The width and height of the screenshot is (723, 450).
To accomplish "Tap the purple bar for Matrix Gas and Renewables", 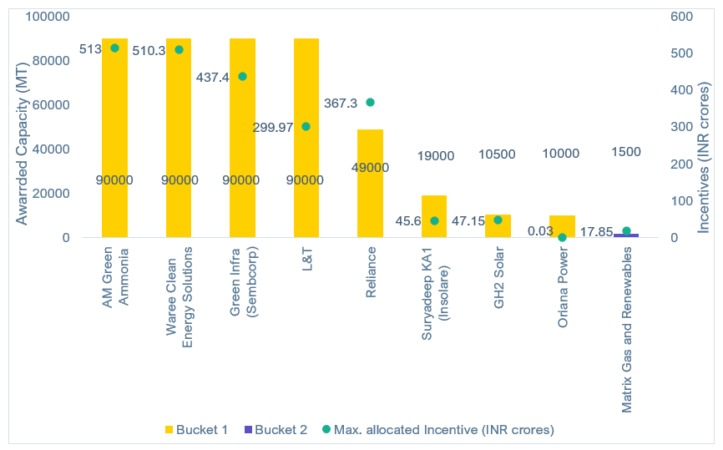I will point(626,235).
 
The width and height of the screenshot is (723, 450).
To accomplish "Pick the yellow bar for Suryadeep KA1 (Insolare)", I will point(434,209).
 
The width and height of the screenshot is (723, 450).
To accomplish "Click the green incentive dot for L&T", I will point(306,127).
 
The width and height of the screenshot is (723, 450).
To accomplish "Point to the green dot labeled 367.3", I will point(370,103).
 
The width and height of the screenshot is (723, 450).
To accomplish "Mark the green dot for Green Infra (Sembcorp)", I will point(242,76).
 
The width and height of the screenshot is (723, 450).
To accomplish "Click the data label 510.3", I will point(149,50).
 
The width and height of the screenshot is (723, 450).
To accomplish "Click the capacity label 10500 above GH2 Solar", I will point(498,155).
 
